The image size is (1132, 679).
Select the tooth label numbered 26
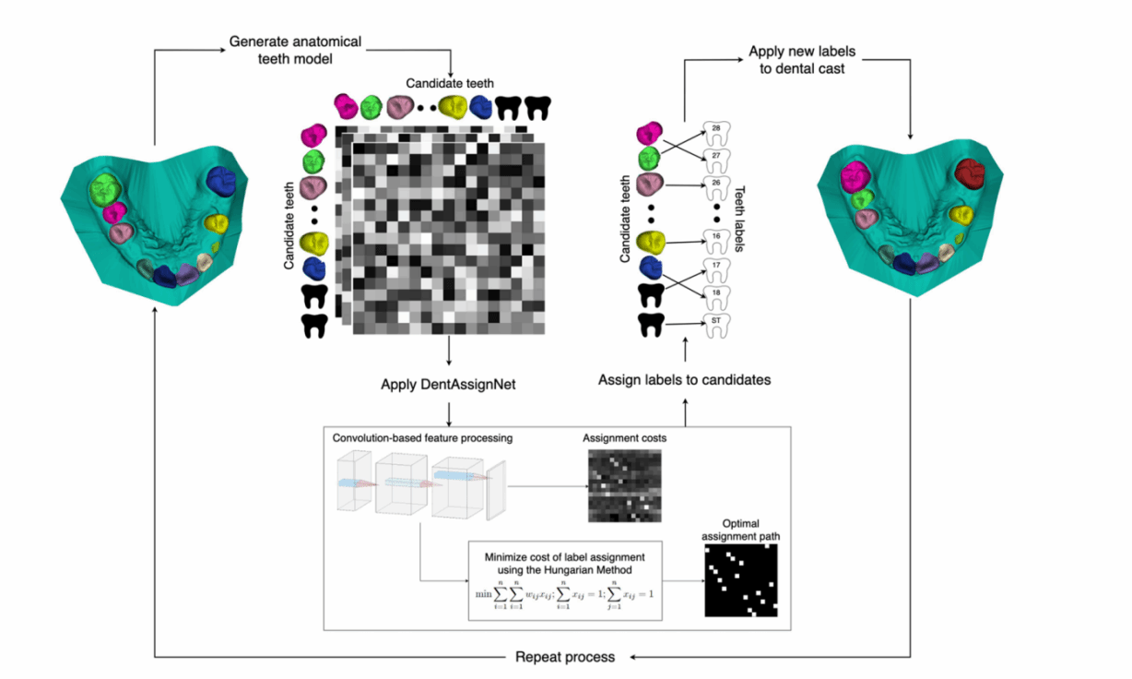pyautogui.click(x=716, y=185)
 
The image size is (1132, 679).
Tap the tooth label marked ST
pyautogui.click(x=716, y=322)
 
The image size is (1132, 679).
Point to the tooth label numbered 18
pyautogui.click(x=716, y=293)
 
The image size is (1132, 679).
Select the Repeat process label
pyautogui.click(x=564, y=657)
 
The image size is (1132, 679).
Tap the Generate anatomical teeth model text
pyautogui.click(x=295, y=50)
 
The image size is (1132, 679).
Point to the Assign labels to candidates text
pyautogui.click(x=684, y=379)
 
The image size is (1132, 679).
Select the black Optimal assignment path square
pyautogui.click(x=741, y=579)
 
